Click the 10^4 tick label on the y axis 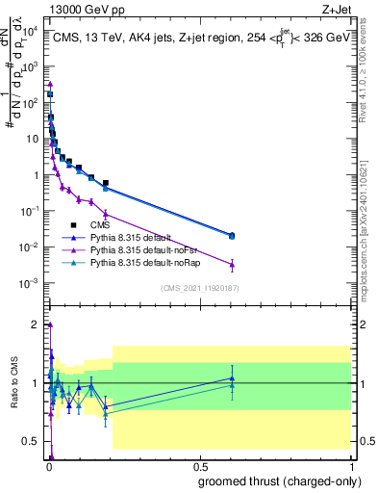(x=32, y=31)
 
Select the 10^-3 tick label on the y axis (x=32, y=283)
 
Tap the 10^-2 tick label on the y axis (x=32, y=247)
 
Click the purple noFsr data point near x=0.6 (x=232, y=264)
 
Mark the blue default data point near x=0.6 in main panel (x=232, y=235)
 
